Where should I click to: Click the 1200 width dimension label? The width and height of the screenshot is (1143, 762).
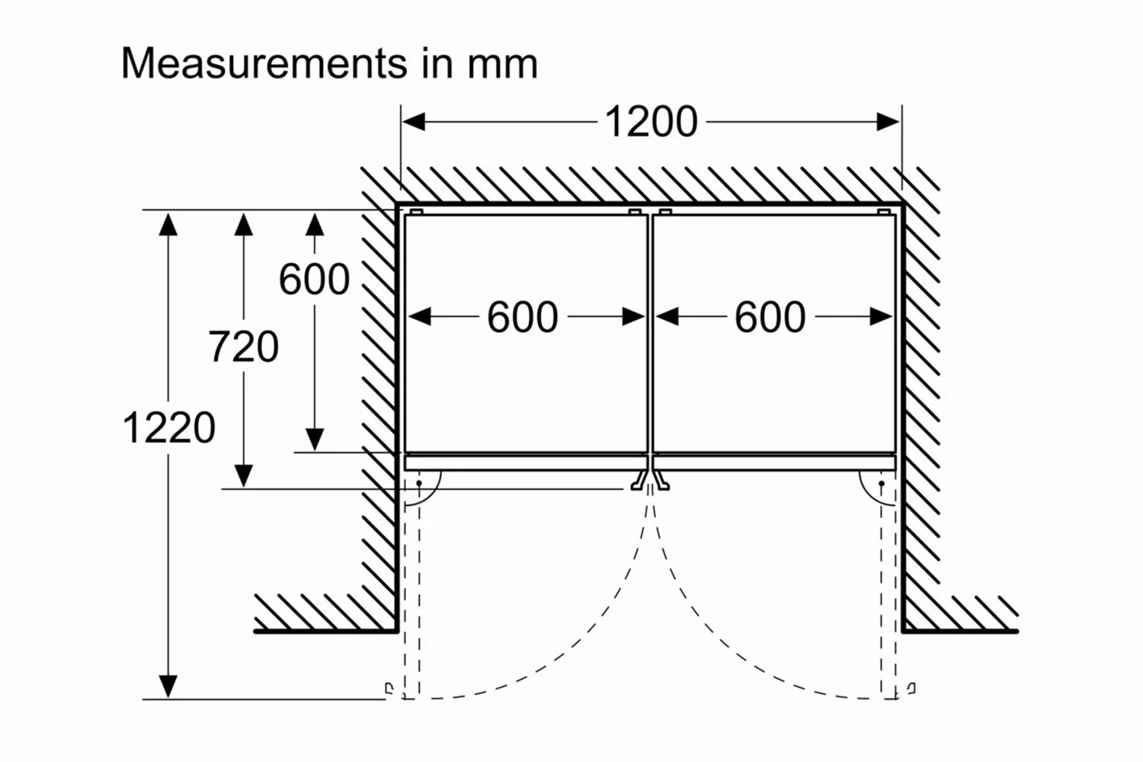[651, 122]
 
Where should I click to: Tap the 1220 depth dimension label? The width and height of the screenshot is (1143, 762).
[168, 427]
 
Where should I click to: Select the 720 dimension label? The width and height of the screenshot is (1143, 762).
[243, 347]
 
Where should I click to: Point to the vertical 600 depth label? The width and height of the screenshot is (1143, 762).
[314, 279]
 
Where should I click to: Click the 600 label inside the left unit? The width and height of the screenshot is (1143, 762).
[523, 317]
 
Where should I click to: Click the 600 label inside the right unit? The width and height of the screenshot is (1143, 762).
[770, 317]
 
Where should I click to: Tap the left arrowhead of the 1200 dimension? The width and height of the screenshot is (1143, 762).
[412, 122]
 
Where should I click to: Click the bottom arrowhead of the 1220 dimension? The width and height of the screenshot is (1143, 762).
[168, 687]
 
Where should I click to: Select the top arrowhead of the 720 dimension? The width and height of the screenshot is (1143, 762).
[243, 223]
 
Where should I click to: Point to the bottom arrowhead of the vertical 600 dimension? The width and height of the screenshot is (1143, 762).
[314, 440]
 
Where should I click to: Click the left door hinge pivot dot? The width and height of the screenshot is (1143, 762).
[419, 483]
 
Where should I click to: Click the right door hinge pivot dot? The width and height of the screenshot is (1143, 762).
[882, 483]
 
